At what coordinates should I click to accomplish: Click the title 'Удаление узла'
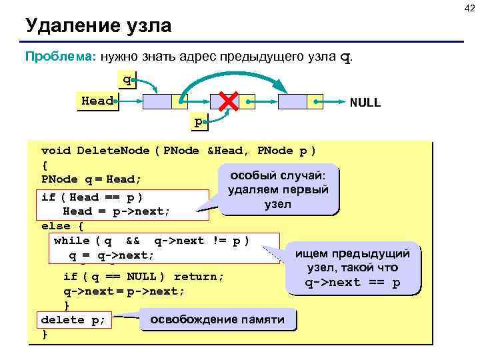(x=98, y=27)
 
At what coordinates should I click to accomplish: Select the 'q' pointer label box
(x=125, y=81)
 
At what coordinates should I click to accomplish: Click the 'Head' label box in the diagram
(x=97, y=102)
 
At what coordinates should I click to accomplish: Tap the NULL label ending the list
(x=365, y=103)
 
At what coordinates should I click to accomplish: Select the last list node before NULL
(x=299, y=102)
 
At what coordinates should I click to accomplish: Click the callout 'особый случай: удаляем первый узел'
(x=277, y=190)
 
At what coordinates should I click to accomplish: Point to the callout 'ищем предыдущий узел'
(x=353, y=268)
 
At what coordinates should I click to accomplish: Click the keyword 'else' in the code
(x=53, y=226)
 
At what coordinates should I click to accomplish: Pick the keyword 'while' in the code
(x=71, y=241)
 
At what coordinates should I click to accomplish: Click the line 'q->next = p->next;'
(x=124, y=291)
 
